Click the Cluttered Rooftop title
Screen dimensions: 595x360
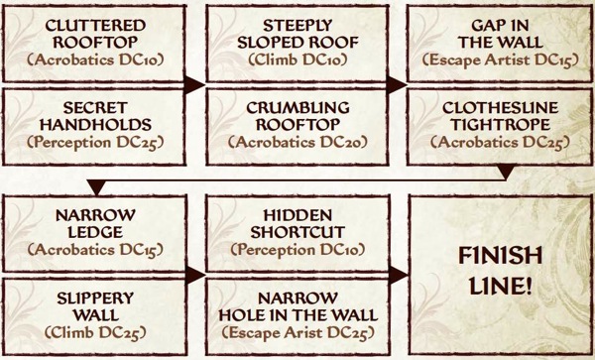pyautogui.click(x=95, y=34)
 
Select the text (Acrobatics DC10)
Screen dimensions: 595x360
pyautogui.click(x=95, y=60)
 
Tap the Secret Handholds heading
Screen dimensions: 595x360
pyautogui.click(x=95, y=116)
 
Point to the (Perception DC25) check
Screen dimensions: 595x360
pyautogui.click(x=95, y=143)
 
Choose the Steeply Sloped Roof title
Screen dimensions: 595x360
pyautogui.click(x=297, y=34)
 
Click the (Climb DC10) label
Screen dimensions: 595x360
pyautogui.click(x=297, y=60)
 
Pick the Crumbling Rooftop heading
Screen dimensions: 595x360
pyautogui.click(x=297, y=116)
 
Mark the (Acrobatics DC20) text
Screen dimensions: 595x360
pyautogui.click(x=297, y=143)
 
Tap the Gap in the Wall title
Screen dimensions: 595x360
pyautogui.click(x=500, y=34)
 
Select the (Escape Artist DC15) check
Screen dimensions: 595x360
pyautogui.click(x=500, y=60)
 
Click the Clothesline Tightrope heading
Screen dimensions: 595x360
pyautogui.click(x=500, y=116)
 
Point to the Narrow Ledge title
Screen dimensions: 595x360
pyautogui.click(x=95, y=223)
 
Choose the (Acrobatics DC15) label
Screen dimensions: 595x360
pyautogui.click(x=95, y=250)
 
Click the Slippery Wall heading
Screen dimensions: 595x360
pyautogui.click(x=95, y=306)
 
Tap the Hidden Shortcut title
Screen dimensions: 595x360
pyautogui.click(x=297, y=223)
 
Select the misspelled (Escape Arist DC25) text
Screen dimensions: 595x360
pyautogui.click(x=297, y=333)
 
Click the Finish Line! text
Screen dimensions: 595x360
pyautogui.click(x=500, y=271)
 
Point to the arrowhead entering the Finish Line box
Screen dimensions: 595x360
pyautogui.click(x=399, y=275)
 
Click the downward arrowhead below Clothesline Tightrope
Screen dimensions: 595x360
pyautogui.click(x=505, y=173)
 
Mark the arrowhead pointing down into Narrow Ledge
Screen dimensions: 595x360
pyautogui.click(x=96, y=188)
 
